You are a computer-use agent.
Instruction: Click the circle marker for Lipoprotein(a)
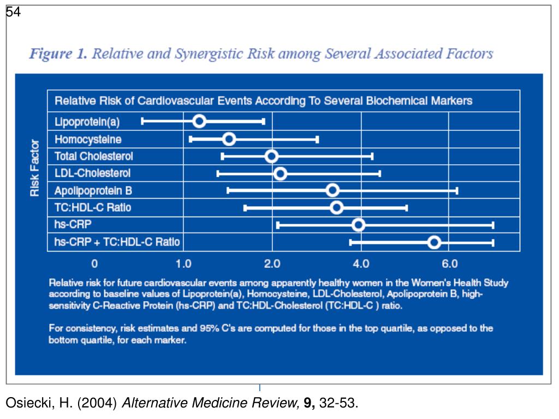tap(199, 121)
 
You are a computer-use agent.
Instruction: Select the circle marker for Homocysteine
tap(229, 139)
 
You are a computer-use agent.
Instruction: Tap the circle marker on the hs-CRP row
tap(359, 225)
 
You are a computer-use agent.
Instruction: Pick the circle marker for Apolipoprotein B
tap(332, 190)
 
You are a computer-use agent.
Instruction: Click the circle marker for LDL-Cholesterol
tap(280, 173)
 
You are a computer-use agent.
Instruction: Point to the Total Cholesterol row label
tap(93, 157)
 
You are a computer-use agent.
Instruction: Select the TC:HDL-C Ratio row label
tap(93, 208)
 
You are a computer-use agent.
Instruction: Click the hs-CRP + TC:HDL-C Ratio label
tap(117, 242)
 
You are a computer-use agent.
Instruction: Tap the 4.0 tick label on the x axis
tap(361, 264)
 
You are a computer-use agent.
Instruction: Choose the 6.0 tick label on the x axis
tap(449, 264)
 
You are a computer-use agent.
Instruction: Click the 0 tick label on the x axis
tap(94, 264)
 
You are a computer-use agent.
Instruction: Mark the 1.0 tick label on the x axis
tap(183, 264)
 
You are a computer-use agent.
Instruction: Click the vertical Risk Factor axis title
tap(35, 168)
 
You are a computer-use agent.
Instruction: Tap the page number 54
tap(14, 12)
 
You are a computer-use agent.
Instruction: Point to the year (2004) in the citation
tap(97, 404)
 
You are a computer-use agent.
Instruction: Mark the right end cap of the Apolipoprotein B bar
tap(457, 190)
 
